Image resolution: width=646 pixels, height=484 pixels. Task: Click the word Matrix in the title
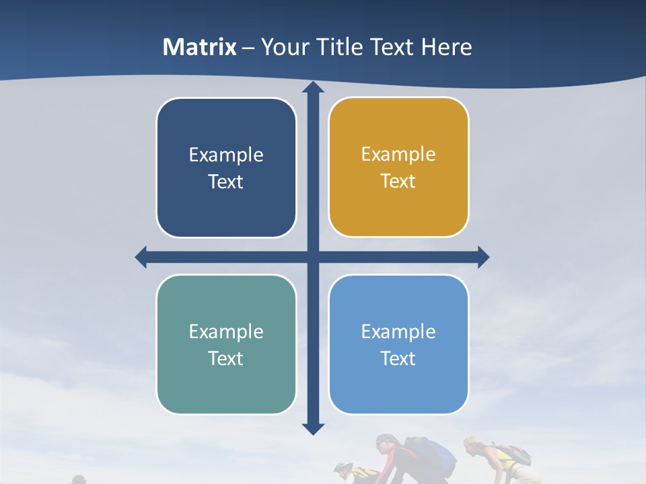[200, 47]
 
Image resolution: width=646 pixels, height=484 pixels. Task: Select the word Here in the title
[446, 47]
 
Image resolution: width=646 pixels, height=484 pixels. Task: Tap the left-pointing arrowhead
[141, 257]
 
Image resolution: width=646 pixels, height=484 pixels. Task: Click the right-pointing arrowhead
[482, 257]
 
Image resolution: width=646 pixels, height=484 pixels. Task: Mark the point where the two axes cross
[313, 257]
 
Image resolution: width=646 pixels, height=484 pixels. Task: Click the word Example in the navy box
[226, 155]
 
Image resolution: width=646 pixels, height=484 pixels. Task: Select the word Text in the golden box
[398, 182]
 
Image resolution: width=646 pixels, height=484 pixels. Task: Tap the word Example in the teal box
[226, 331]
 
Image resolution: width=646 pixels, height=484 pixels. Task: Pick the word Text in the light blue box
[398, 358]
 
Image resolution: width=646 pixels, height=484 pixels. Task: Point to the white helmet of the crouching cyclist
[343, 466]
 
